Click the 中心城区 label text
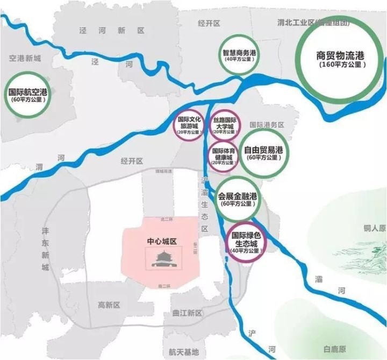click(x=162, y=242)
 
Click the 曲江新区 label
click(x=185, y=313)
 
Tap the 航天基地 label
click(x=183, y=351)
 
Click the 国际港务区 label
click(x=267, y=124)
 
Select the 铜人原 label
click(x=375, y=228)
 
